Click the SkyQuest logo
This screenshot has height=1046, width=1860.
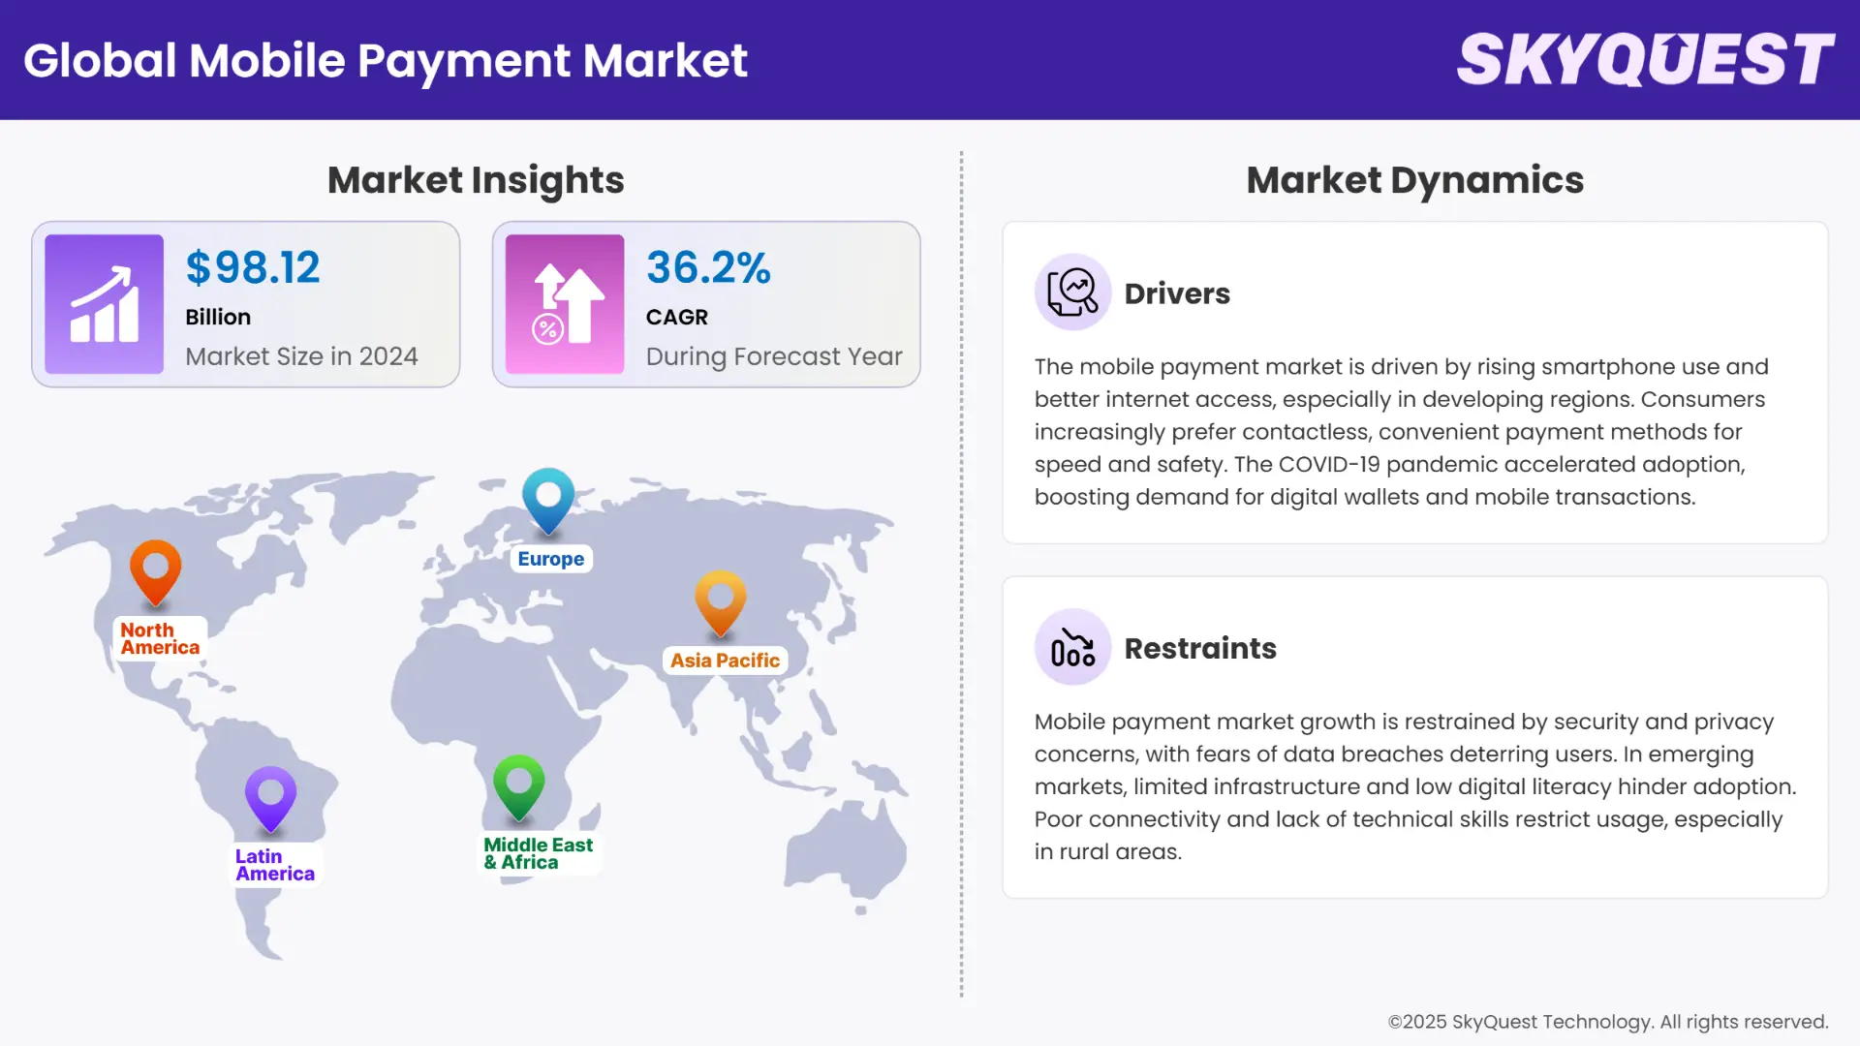coord(1645,60)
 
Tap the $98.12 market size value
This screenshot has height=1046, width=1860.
coord(253,267)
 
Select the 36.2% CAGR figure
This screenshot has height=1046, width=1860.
coord(708,267)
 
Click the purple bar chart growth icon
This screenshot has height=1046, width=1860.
coord(104,304)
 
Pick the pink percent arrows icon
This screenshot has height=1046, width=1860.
coord(565,304)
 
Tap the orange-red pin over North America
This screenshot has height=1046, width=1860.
coord(155,571)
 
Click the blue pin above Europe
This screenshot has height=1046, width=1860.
coord(548,499)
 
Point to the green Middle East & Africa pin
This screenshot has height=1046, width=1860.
coord(518,784)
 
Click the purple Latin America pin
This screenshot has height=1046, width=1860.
coord(270,797)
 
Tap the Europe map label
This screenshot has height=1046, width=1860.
coord(550,559)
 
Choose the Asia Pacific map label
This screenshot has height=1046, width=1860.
coord(725,661)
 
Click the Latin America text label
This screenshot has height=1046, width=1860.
coord(275,865)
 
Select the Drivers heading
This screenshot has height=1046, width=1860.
coord(1177,293)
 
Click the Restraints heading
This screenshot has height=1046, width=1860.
coord(1200,648)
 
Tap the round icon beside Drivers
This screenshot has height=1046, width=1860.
coord(1072,292)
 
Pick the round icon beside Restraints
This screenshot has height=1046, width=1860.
coord(1072,647)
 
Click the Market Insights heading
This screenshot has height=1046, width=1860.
coord(476,180)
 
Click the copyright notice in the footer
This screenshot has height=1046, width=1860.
coord(1608,1022)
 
